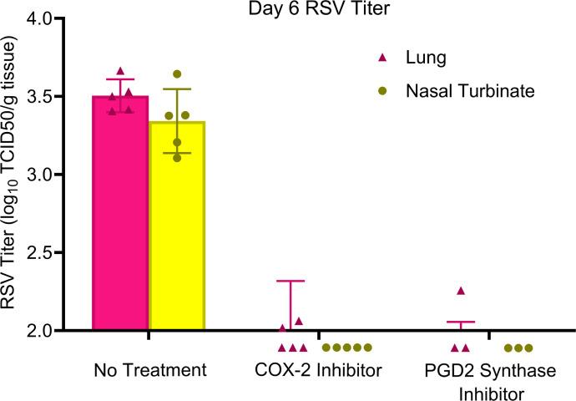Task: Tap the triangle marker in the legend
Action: coord(382,58)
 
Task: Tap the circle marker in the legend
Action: coord(382,90)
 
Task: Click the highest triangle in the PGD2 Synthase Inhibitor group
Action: coord(460,291)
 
